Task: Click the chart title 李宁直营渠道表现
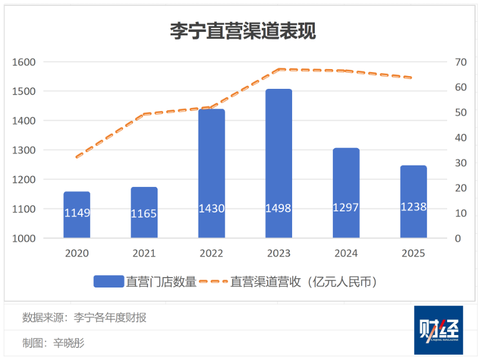(x=242, y=30)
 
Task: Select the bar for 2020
(x=77, y=215)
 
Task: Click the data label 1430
(x=211, y=208)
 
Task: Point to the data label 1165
(x=144, y=214)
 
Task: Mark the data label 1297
(x=346, y=207)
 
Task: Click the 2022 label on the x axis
(x=211, y=254)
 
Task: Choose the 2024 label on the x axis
(x=346, y=254)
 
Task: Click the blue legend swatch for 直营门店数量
(x=109, y=282)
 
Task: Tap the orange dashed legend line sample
(x=213, y=282)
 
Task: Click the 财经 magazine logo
(x=438, y=330)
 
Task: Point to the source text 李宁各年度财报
(x=109, y=318)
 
